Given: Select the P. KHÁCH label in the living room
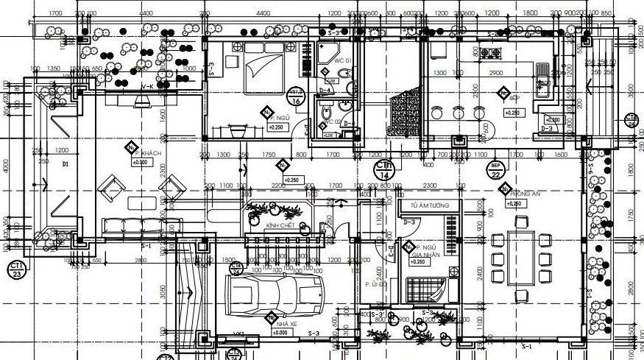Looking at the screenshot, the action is click(150, 152).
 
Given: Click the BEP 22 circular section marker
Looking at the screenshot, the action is click(495, 171).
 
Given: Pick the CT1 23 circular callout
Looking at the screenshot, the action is click(16, 269).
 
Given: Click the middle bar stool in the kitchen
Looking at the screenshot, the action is click(459, 113).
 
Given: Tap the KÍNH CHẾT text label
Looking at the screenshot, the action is click(280, 225).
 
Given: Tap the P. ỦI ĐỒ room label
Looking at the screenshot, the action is click(374, 284).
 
